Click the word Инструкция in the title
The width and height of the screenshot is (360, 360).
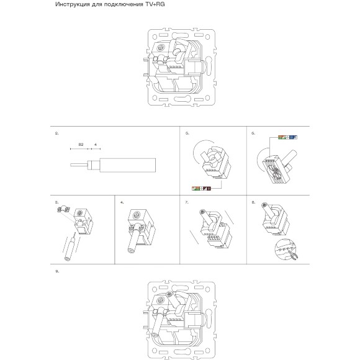tap(70, 5)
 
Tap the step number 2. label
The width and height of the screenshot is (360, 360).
tap(57, 133)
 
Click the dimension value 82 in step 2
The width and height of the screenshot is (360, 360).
tap(81, 144)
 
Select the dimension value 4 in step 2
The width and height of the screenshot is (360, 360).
tap(95, 144)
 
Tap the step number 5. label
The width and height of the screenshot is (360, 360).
tap(187, 133)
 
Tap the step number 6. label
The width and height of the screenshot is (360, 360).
tap(253, 133)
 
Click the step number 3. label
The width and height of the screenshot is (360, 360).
tap(57, 202)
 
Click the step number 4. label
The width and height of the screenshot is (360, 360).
tap(122, 202)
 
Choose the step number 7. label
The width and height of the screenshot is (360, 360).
tap(187, 202)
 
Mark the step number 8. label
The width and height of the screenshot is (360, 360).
tap(253, 202)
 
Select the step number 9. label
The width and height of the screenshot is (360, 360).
tap(57, 271)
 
